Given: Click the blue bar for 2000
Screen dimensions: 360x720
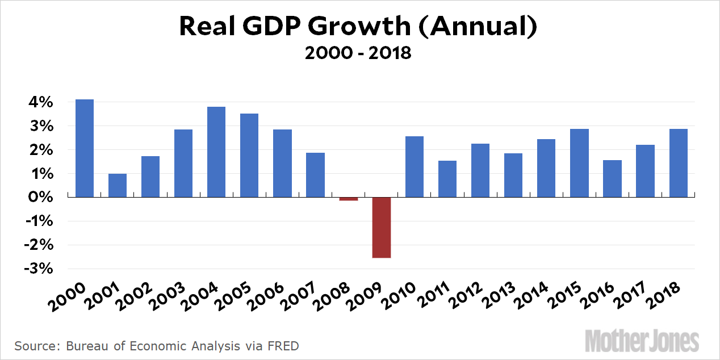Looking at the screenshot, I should [x=85, y=148].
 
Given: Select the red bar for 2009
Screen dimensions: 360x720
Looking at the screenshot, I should [x=382, y=227].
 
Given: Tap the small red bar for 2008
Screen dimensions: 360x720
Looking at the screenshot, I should [x=349, y=199].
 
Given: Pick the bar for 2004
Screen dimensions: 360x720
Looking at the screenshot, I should [x=216, y=152].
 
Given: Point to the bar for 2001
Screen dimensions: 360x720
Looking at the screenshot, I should [x=118, y=185].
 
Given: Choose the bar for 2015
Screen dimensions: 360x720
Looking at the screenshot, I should [x=579, y=163].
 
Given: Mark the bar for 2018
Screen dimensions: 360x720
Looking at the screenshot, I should [x=678, y=163].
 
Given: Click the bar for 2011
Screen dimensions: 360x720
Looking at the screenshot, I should [x=447, y=179].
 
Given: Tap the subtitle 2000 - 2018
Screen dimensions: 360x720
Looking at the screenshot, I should [x=358, y=53].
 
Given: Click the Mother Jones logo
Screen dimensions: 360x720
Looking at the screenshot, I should [x=642, y=340].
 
